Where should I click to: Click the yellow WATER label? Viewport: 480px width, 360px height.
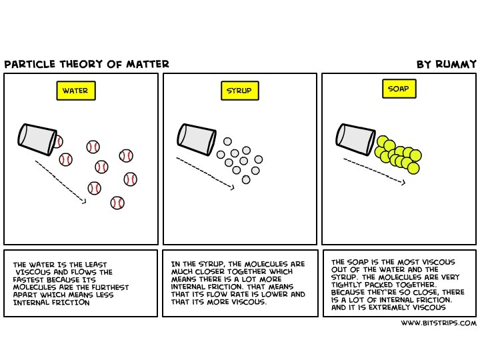[75, 91]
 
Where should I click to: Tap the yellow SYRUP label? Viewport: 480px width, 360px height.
[239, 91]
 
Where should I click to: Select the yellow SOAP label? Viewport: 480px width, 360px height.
[397, 88]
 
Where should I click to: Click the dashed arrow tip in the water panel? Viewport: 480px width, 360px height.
[85, 200]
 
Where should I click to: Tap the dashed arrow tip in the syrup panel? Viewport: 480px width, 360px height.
[233, 188]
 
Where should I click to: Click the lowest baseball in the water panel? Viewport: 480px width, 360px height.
[117, 202]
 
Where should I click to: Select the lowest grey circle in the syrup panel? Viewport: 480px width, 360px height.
[246, 179]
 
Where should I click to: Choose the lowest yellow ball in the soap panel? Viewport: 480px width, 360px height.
[413, 168]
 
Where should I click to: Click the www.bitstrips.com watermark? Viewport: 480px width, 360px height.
[439, 323]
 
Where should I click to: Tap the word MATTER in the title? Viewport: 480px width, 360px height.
[151, 65]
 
